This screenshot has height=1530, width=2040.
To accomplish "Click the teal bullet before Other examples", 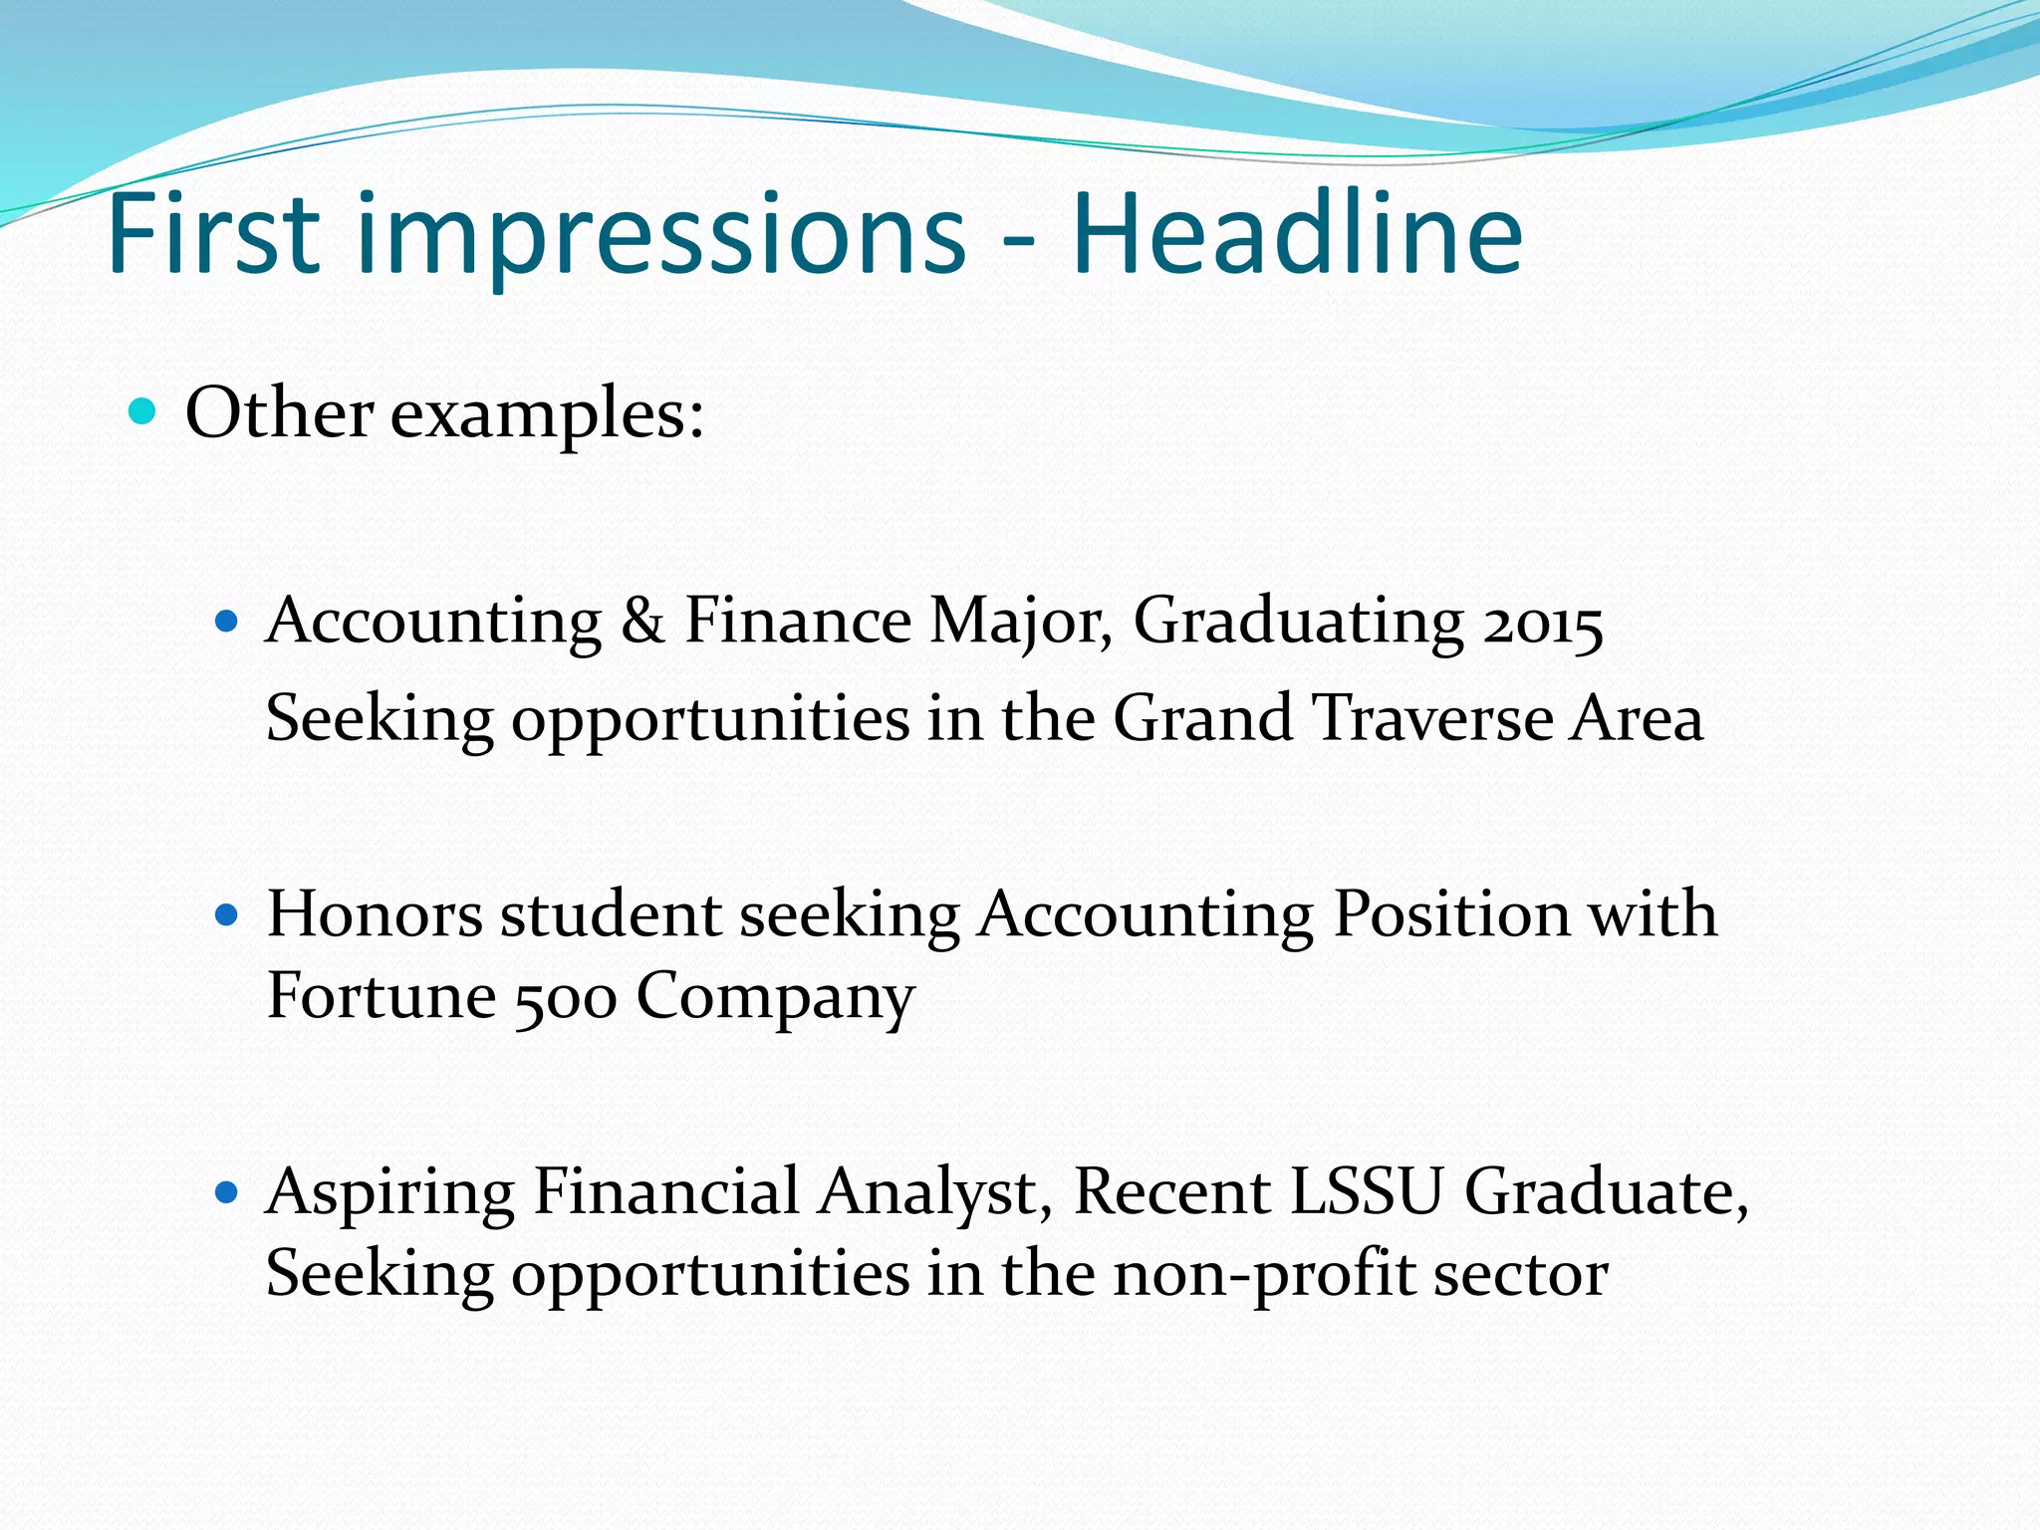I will (x=143, y=410).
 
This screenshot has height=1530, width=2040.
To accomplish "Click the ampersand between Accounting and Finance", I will (x=642, y=622).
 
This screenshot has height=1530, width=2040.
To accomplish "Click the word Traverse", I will (x=1431, y=718).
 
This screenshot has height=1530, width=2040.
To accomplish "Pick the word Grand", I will (x=1202, y=718).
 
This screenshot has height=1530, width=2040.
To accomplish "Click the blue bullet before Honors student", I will (x=228, y=914).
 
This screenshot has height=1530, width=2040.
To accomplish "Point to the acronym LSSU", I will (x=1366, y=1191).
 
